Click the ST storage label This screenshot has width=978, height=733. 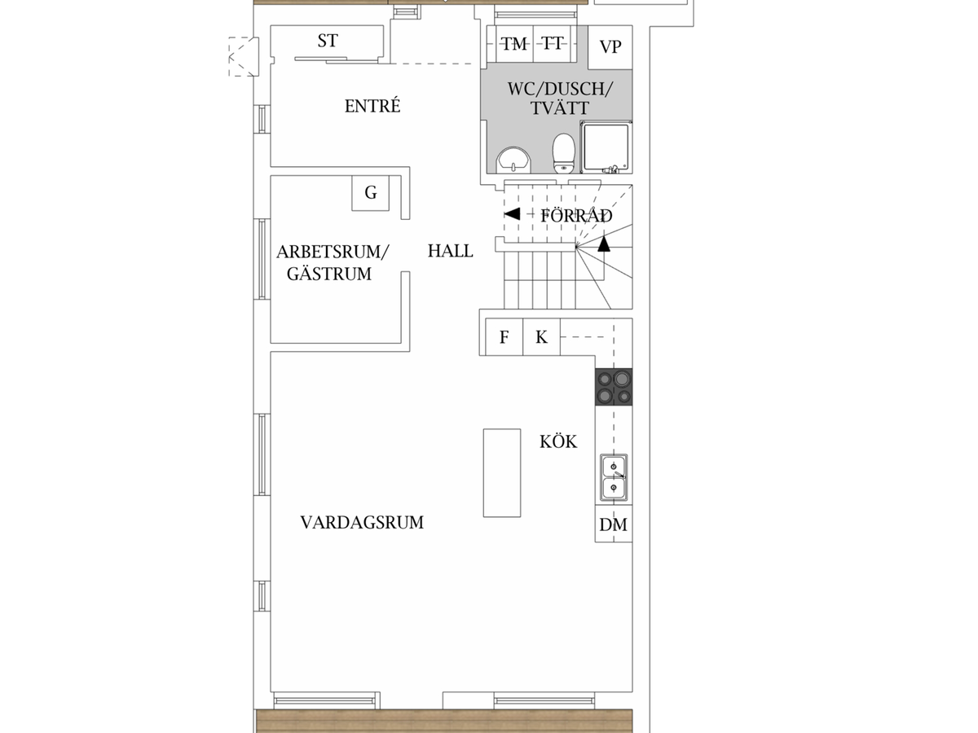pyautogui.click(x=328, y=41)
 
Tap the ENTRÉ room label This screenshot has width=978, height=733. pyautogui.click(x=372, y=106)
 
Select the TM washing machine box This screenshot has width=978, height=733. pyautogui.click(x=514, y=44)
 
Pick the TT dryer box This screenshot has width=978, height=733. pyautogui.click(x=553, y=44)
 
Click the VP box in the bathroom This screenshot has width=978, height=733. pyautogui.click(x=610, y=47)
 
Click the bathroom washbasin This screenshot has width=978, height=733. pyautogui.click(x=513, y=160)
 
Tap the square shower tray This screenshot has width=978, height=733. pyautogui.click(x=606, y=147)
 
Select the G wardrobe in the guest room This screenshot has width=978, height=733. pyautogui.click(x=370, y=193)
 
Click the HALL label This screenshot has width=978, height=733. pyautogui.click(x=451, y=251)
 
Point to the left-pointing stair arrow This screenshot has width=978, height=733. pyautogui.click(x=512, y=214)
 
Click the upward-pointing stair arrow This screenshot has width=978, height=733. pyautogui.click(x=604, y=244)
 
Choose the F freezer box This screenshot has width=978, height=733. pyautogui.click(x=504, y=336)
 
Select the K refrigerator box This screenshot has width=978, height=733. pyautogui.click(x=541, y=336)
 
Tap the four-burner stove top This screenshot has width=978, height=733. pyautogui.click(x=614, y=387)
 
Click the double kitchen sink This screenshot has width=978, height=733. pyautogui.click(x=614, y=477)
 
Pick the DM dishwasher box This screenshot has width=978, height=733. pyautogui.click(x=614, y=524)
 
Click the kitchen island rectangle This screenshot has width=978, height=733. pyautogui.click(x=502, y=472)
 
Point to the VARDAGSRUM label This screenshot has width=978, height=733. pyautogui.click(x=362, y=523)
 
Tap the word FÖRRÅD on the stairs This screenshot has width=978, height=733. pyautogui.click(x=576, y=216)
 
